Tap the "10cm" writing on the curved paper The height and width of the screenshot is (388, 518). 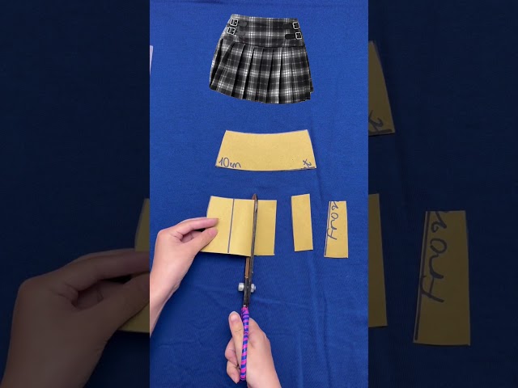[231, 164]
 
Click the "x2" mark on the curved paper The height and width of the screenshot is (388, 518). [307, 163]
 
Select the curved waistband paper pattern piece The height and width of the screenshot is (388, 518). [266, 150]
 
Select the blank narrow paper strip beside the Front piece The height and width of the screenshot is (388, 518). [302, 222]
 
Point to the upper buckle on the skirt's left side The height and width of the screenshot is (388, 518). [232, 20]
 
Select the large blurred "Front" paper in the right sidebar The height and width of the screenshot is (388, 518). [442, 275]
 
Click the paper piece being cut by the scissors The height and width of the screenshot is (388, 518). [263, 226]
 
